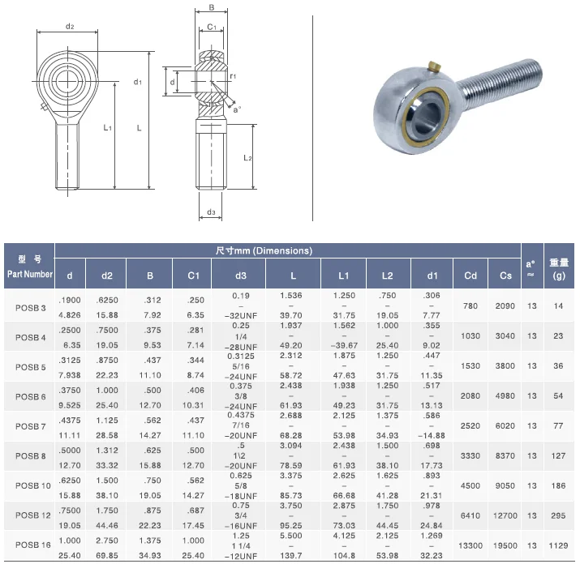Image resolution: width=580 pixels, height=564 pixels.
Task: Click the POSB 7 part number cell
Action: point(30,426)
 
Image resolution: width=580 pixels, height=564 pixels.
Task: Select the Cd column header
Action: point(470,276)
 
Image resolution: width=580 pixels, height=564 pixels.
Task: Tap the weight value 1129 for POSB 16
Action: point(558,545)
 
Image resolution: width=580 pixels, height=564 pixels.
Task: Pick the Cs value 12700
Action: point(505,515)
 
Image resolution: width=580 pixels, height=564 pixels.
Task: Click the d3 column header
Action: point(240,276)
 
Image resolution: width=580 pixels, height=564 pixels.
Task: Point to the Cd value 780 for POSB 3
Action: point(470,306)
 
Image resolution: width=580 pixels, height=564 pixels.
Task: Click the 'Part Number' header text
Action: point(30,274)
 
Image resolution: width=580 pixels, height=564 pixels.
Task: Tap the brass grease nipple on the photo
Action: point(434,67)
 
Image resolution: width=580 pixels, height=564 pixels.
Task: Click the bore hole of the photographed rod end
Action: point(427,117)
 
